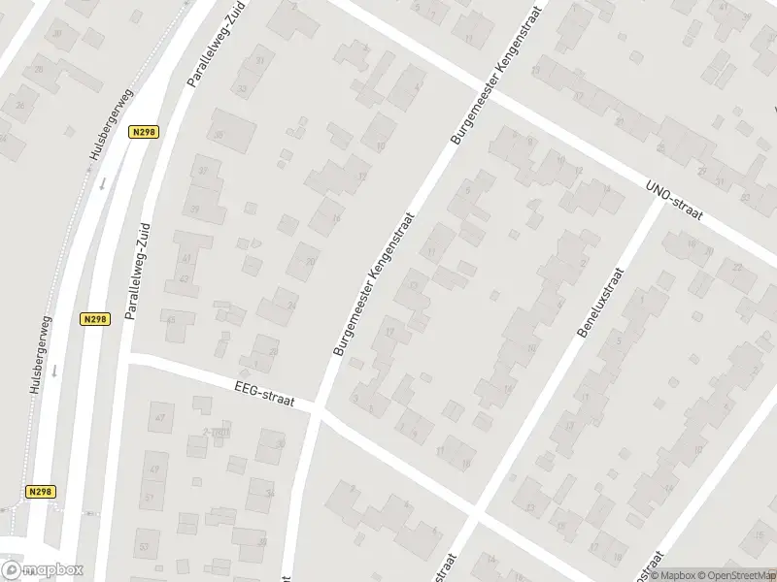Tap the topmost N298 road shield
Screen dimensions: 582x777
click(144, 132)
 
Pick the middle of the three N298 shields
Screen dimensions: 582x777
click(94, 319)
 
